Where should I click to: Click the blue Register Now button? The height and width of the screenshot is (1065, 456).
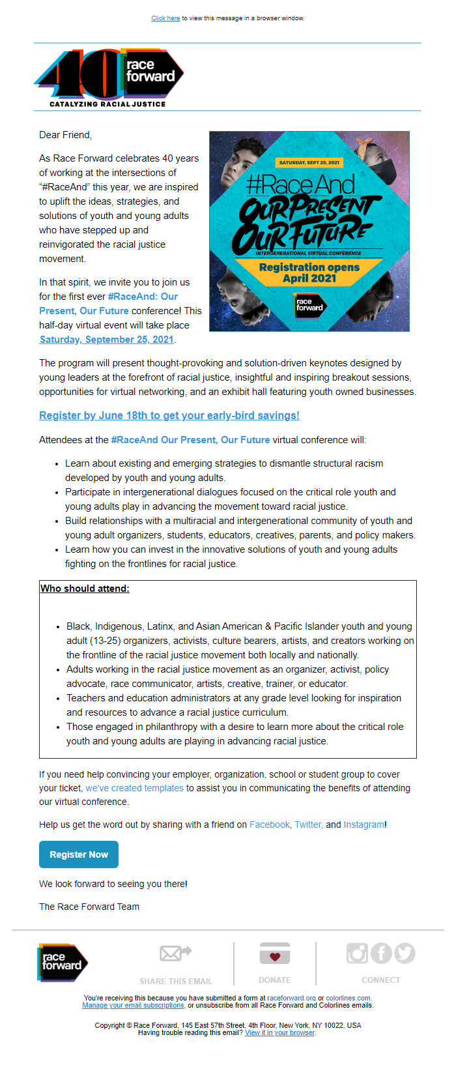coord(79,854)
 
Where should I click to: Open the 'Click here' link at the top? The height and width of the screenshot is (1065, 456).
coord(165,18)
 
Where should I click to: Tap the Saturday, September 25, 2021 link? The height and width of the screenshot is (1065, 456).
coord(107,340)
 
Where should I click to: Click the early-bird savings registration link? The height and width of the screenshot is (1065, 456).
coord(169,415)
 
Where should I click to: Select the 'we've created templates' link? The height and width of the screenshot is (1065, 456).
coord(135,788)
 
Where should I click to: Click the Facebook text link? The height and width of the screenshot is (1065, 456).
coord(269,824)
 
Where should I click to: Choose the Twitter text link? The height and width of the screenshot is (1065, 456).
coord(309,824)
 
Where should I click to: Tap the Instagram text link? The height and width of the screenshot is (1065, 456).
coord(363,824)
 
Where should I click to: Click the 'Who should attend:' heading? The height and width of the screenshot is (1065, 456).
coord(85,589)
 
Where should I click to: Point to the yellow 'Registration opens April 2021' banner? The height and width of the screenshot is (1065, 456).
coord(309,272)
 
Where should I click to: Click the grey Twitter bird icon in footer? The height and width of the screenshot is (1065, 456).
coord(405,953)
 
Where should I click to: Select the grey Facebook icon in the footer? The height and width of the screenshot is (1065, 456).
coord(381,953)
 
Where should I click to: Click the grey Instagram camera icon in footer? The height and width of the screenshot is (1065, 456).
coord(357,953)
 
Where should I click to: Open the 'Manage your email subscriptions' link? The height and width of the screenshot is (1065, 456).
coord(134,1005)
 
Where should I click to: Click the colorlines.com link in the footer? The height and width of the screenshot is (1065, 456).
coord(348,998)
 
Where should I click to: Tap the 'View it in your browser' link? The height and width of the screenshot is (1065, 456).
coord(279,1032)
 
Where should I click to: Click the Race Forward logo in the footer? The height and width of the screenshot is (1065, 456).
coord(62,962)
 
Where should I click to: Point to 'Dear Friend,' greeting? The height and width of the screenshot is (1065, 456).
coord(66,135)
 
